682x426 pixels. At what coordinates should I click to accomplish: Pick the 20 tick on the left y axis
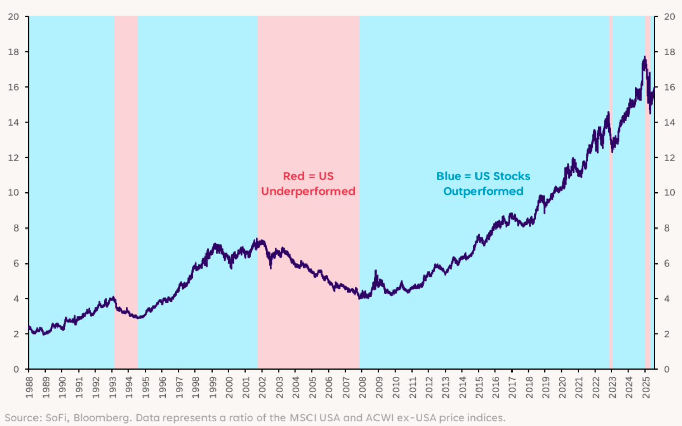point(14,17)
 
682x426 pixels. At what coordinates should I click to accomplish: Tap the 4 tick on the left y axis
point(17,299)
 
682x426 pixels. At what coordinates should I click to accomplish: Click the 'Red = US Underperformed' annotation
point(308,184)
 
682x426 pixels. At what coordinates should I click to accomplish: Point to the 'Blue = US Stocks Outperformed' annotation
point(483,184)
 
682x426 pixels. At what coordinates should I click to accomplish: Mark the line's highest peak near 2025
point(644,57)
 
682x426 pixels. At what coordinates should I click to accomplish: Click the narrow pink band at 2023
point(611,203)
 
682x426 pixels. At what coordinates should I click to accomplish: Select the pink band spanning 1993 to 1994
point(126,203)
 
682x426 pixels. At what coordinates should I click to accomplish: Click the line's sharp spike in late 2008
point(376,272)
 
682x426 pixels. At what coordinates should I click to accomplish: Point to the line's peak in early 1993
point(113,297)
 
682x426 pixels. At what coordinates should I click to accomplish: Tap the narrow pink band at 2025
point(647,203)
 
